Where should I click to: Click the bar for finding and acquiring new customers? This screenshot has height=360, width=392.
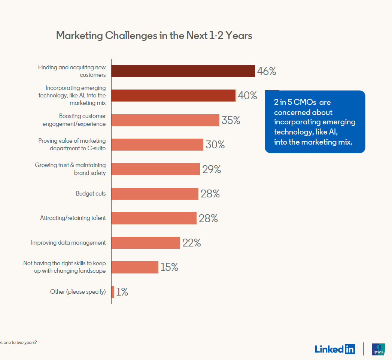coord(183,71)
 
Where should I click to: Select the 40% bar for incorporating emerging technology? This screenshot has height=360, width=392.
coord(174,96)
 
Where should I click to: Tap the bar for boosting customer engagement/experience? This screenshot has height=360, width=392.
coord(165,120)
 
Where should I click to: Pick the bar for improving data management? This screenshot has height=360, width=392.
coord(146,243)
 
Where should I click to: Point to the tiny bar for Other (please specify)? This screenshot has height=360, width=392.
coord(113,292)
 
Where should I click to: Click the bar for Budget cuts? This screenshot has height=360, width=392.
coord(155,194)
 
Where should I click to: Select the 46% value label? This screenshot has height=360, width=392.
coord(267,71)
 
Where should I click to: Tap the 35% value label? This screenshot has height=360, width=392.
coord(231,120)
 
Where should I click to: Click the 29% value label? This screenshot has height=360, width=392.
coord(212,169)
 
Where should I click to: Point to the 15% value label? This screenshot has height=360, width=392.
coord(169,267)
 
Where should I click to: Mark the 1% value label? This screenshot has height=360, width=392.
coord(122,292)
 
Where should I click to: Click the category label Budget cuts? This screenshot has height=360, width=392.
coord(91,194)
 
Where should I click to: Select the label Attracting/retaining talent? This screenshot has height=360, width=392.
coord(73,218)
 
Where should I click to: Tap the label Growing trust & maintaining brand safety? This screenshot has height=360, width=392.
coord(70,169)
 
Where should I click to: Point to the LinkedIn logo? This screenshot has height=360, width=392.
coord(335,349)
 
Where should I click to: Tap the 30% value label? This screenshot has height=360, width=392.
coord(215,145)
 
